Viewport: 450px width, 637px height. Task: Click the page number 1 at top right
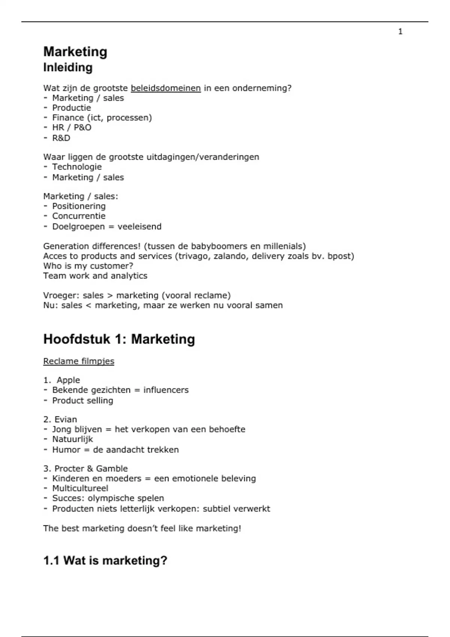tap(400, 32)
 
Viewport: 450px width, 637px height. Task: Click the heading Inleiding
tap(68, 67)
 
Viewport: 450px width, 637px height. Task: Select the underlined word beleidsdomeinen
tap(166, 88)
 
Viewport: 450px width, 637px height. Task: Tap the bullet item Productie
tap(71, 108)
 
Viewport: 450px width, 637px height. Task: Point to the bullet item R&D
tap(61, 138)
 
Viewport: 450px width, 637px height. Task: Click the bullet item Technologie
tap(77, 167)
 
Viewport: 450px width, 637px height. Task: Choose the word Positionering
tap(79, 206)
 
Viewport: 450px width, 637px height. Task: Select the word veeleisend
tap(139, 227)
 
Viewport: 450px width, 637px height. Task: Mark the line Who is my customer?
tap(88, 266)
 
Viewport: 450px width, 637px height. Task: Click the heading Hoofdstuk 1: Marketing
tap(119, 339)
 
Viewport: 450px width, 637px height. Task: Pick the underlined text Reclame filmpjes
tap(79, 361)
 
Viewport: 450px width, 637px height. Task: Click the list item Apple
tap(68, 380)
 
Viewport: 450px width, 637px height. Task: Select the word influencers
tap(166, 390)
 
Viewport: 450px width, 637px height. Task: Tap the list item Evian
tap(66, 420)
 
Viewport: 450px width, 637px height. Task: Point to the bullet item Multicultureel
tap(80, 489)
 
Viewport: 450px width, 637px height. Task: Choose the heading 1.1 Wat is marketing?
tap(105, 561)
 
